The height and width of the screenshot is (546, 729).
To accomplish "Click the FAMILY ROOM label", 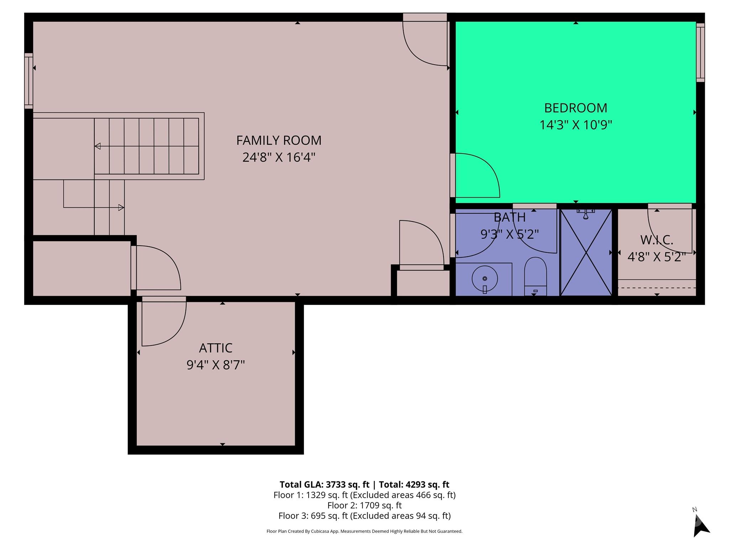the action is [279, 140].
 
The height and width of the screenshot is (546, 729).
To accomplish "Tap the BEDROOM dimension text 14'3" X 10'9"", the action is [576, 125].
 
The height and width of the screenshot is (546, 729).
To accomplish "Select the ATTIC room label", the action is [216, 348].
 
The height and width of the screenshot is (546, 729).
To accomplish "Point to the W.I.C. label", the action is [657, 240].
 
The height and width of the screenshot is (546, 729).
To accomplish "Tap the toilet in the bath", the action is [535, 277].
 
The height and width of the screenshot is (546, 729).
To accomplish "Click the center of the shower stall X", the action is [586, 252].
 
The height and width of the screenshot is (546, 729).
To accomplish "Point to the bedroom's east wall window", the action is [700, 53].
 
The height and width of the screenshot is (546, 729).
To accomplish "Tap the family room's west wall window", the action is [29, 81].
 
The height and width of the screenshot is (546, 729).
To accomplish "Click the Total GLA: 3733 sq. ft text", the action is [325, 485].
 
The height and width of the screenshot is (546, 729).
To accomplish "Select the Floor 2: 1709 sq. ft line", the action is [364, 505].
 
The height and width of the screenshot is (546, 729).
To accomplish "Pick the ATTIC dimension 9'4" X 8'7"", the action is [216, 365].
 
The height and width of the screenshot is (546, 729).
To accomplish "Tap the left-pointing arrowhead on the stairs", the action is [98, 146].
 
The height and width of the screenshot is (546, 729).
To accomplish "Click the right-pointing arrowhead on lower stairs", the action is [121, 207].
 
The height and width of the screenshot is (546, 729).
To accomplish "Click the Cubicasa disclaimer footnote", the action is [364, 531].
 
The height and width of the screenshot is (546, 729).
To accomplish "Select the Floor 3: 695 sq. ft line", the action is [364, 516].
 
